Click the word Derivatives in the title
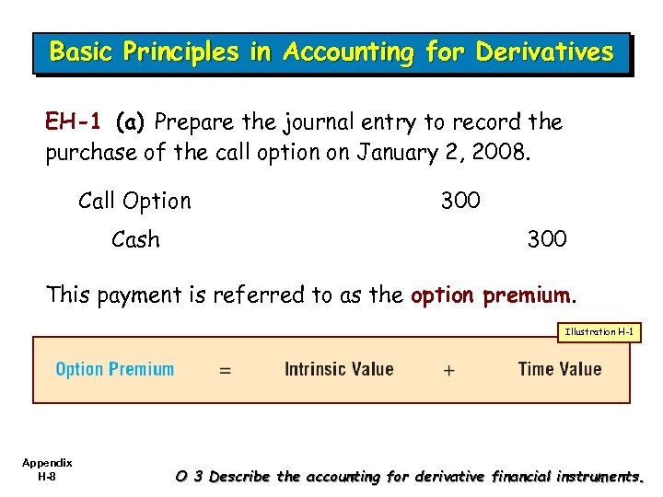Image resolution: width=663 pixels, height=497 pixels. (x=544, y=52)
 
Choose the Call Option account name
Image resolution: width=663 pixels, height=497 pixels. (x=134, y=201)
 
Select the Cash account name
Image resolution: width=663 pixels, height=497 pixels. (x=135, y=240)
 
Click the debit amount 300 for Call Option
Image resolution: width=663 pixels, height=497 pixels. (x=460, y=201)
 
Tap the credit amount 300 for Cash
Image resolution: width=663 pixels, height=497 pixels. (x=547, y=240)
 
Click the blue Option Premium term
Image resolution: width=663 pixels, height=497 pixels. (x=115, y=370)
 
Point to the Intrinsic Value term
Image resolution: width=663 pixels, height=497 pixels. (x=339, y=370)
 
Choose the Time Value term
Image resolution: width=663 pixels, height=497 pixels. (x=560, y=370)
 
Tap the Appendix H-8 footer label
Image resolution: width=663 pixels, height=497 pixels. (x=47, y=468)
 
